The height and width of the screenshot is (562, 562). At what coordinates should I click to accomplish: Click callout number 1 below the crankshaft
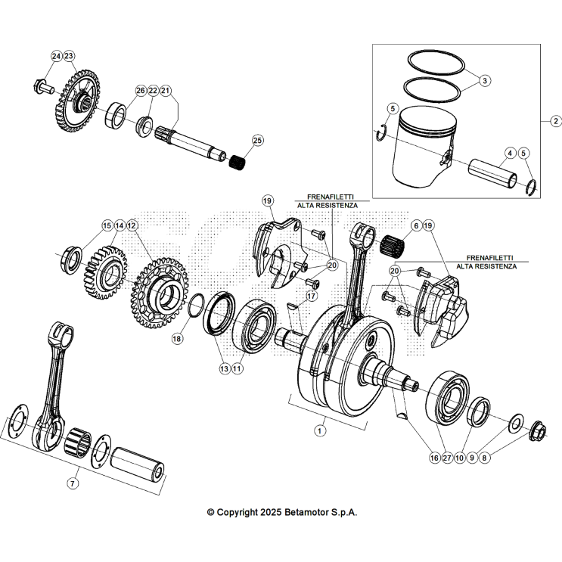point(319,430)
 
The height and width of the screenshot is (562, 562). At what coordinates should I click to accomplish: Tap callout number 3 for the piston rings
point(485,80)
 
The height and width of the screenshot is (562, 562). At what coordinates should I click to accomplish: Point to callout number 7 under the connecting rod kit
point(73,483)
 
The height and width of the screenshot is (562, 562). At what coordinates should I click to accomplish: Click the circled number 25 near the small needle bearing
point(258,141)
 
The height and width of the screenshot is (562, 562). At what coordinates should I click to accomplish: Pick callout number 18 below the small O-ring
point(177,339)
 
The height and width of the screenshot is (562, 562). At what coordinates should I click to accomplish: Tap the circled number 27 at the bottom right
point(447,458)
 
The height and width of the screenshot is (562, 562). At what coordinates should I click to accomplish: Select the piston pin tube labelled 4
point(492,173)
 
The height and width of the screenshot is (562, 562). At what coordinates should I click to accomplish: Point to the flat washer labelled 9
point(516,422)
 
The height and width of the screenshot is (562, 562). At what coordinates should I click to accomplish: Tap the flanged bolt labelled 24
point(44,88)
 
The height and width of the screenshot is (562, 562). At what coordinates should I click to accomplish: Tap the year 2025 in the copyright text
point(271,512)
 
